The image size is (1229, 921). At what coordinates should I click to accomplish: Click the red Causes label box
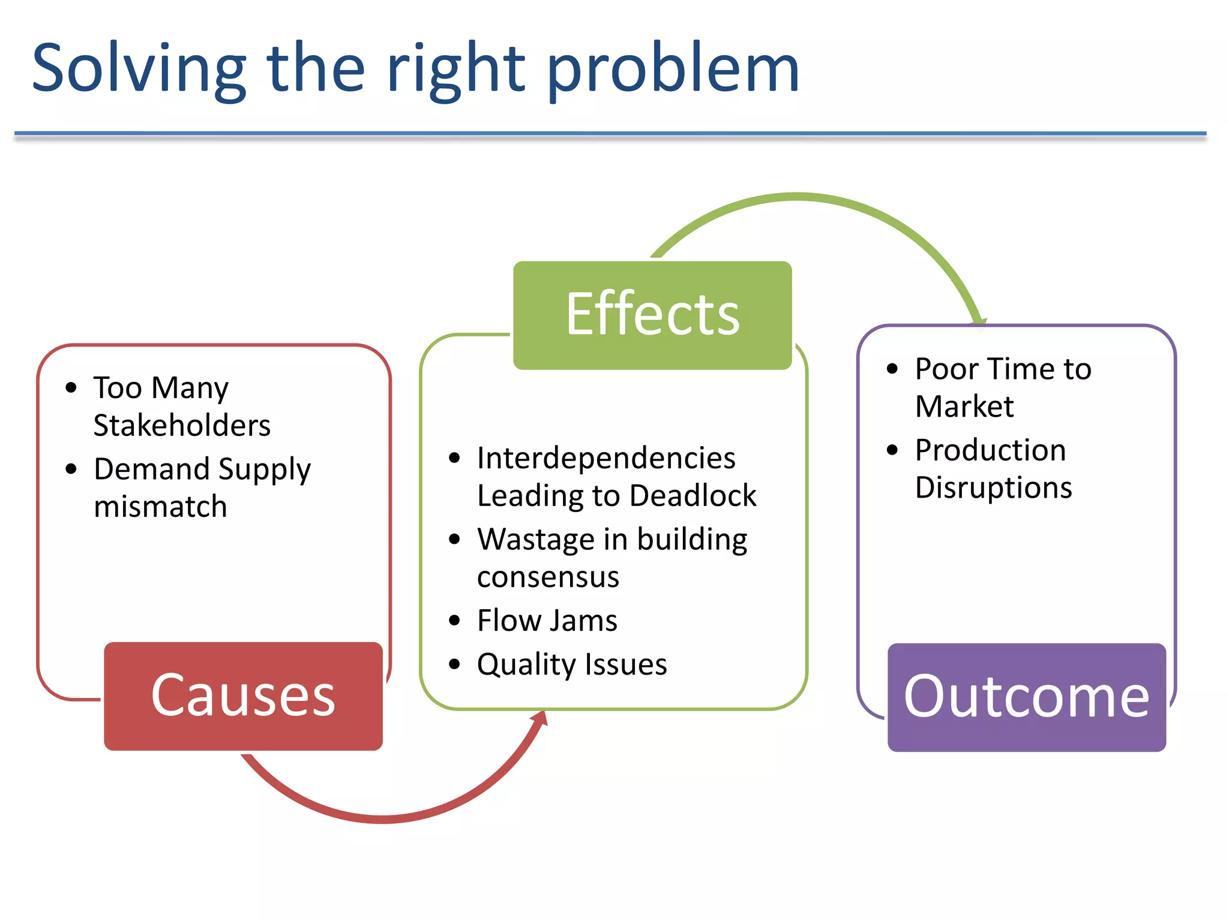243,696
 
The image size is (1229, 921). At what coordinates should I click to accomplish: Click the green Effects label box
652,315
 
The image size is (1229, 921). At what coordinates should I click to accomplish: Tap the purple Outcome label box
1026,697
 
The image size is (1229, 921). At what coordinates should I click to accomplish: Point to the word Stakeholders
182,426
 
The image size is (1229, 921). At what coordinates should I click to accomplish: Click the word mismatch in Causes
160,507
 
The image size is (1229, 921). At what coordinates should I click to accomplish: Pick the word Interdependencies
606,459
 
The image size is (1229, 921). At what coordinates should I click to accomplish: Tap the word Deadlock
693,496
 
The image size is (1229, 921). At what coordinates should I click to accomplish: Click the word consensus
548,577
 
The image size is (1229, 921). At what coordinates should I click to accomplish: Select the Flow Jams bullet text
547,621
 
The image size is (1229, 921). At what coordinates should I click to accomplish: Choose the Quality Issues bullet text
572,664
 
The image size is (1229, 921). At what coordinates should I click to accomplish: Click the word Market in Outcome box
964,407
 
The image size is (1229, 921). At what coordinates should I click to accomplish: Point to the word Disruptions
993,487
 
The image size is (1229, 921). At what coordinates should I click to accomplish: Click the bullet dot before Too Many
71,388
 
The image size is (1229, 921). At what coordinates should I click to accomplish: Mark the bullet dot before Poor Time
892,369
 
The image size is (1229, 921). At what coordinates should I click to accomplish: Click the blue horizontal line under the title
610,133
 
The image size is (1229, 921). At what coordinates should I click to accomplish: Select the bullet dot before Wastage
454,540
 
